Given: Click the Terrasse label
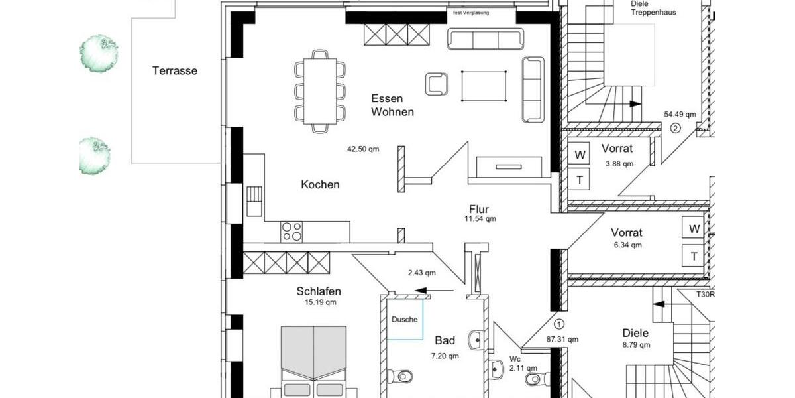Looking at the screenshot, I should point(175,70).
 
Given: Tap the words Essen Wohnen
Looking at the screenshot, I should point(392,105).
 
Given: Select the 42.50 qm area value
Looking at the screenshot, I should point(363,149).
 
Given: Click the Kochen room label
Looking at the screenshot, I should point(320,184).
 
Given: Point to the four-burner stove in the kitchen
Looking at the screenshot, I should point(292,232).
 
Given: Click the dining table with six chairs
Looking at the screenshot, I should point(320,91).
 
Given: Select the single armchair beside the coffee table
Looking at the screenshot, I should point(437,83).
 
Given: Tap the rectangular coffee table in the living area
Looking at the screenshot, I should point(484,86).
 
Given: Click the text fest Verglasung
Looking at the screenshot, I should point(470,13).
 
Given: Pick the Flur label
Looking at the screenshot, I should point(478,210).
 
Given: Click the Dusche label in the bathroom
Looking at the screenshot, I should point(404,319).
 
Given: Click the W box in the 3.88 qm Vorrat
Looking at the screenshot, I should point(580,155).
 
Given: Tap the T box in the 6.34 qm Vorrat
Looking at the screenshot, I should point(694,256).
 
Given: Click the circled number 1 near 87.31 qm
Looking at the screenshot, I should point(558,324).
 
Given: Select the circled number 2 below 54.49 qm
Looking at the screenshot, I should point(675,128).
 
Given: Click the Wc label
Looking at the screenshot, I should point(514,359).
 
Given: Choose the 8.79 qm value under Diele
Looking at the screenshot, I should point(635,345).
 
